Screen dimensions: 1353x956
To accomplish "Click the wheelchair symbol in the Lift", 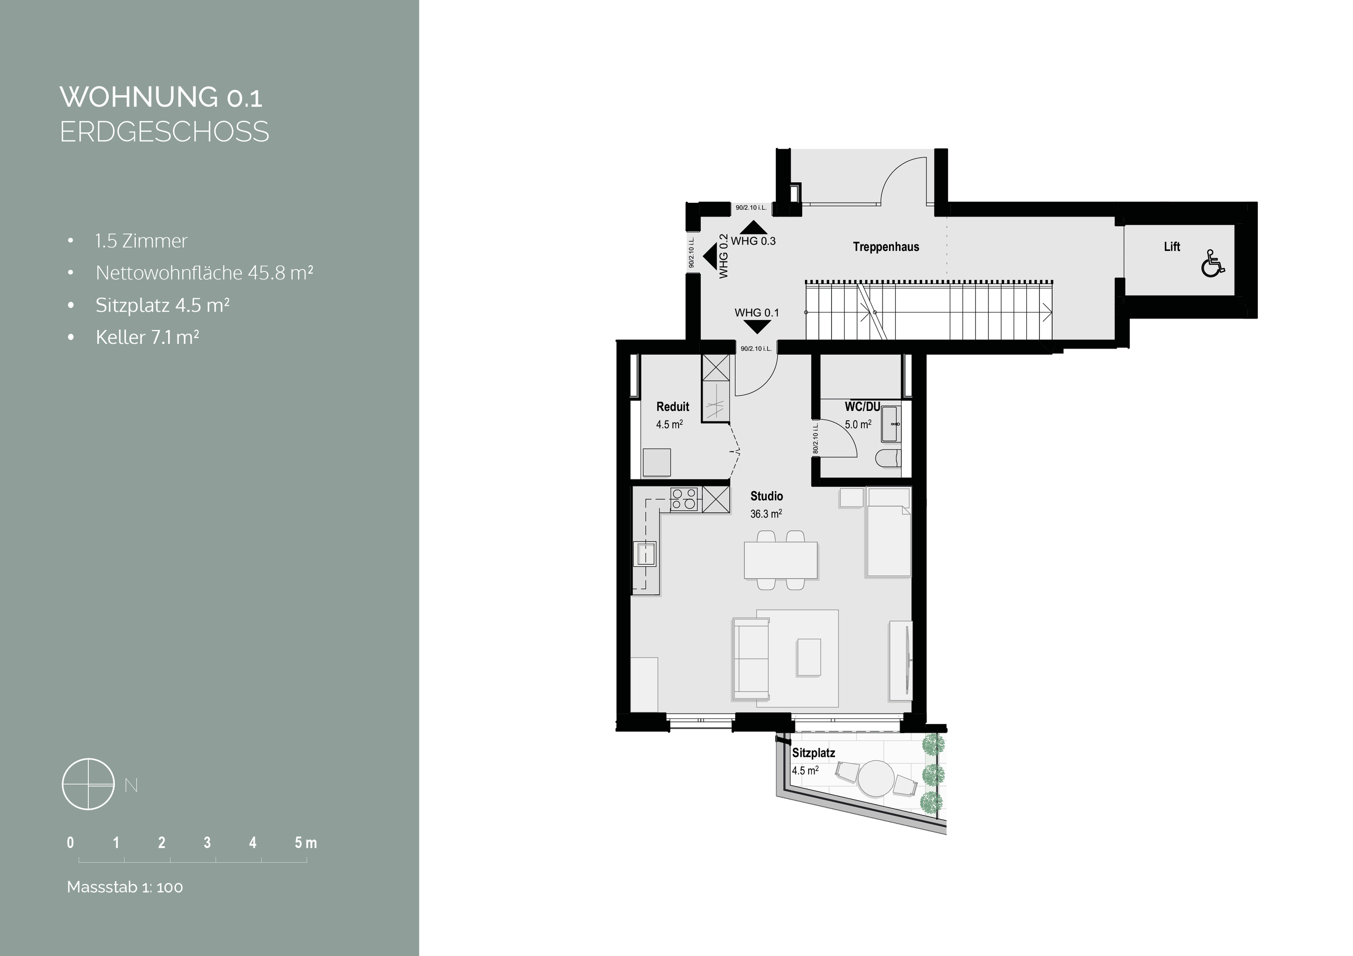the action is coord(1213,264).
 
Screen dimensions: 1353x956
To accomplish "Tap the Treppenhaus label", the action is coord(886,247).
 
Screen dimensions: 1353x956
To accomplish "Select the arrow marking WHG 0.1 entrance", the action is coord(757,327).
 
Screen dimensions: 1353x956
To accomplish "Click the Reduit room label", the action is coord(672,407).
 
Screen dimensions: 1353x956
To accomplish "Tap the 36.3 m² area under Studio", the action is coord(766,513).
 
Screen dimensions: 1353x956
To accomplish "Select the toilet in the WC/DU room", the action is coord(888,458).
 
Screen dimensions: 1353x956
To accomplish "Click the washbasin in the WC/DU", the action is coord(892,424).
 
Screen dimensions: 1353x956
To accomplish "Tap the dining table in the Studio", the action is coord(781,560).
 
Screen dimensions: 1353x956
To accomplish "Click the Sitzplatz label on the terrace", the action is coord(813,753).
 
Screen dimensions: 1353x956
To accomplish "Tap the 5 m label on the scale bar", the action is coord(306,843).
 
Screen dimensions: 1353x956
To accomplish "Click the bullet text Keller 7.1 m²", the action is coord(147,337).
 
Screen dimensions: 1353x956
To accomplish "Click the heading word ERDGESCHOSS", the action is coord(164,132).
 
